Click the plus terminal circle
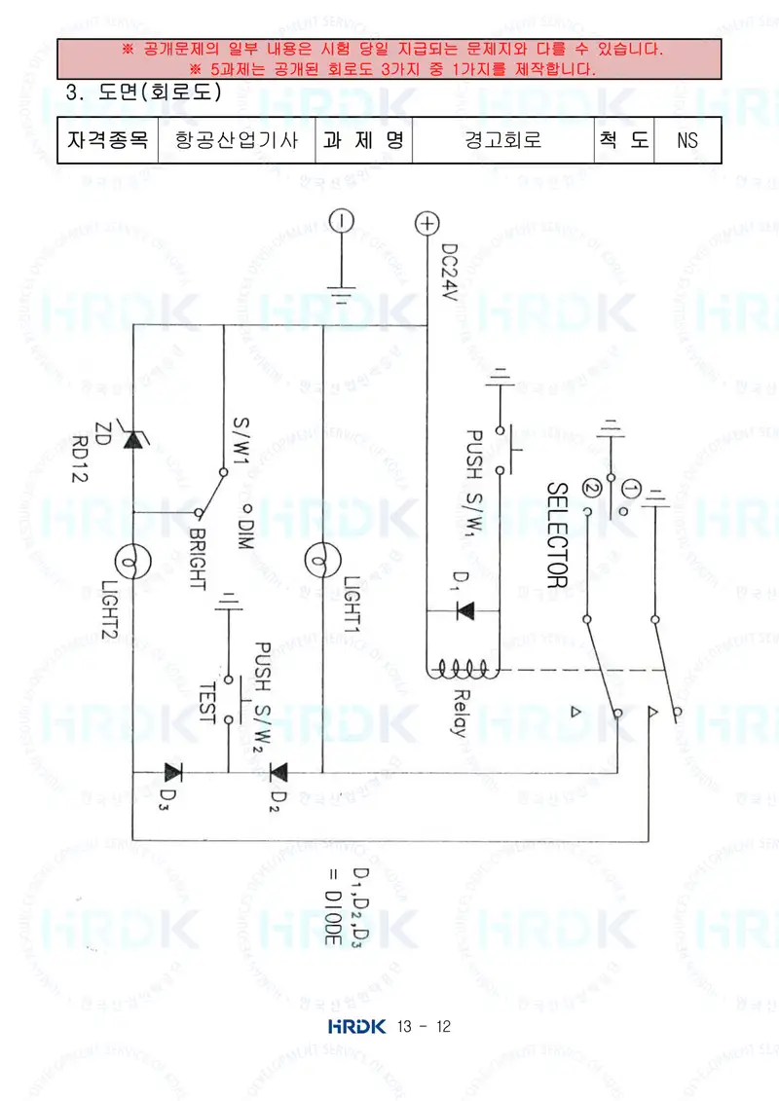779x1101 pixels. coord(427,223)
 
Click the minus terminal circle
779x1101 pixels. coord(342,220)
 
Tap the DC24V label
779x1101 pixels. coord(450,272)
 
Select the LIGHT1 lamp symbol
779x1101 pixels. coord(322,561)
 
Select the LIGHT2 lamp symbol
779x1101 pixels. coord(132,563)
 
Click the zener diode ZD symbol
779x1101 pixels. coord(132,438)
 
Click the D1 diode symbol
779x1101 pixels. coord(465,611)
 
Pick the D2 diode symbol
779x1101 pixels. coord(278,772)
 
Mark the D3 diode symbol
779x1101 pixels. coord(172,772)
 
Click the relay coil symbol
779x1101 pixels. coord(463,669)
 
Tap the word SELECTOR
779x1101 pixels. coord(557,534)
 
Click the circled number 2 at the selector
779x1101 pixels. coord(592,489)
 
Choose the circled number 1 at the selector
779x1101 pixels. coord(632,490)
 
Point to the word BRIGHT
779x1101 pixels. coord(197,559)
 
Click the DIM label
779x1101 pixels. coord(244,533)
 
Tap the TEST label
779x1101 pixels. coord(206,703)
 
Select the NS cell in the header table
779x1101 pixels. coord(687,140)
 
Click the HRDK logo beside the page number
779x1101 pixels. coord(356,1026)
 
